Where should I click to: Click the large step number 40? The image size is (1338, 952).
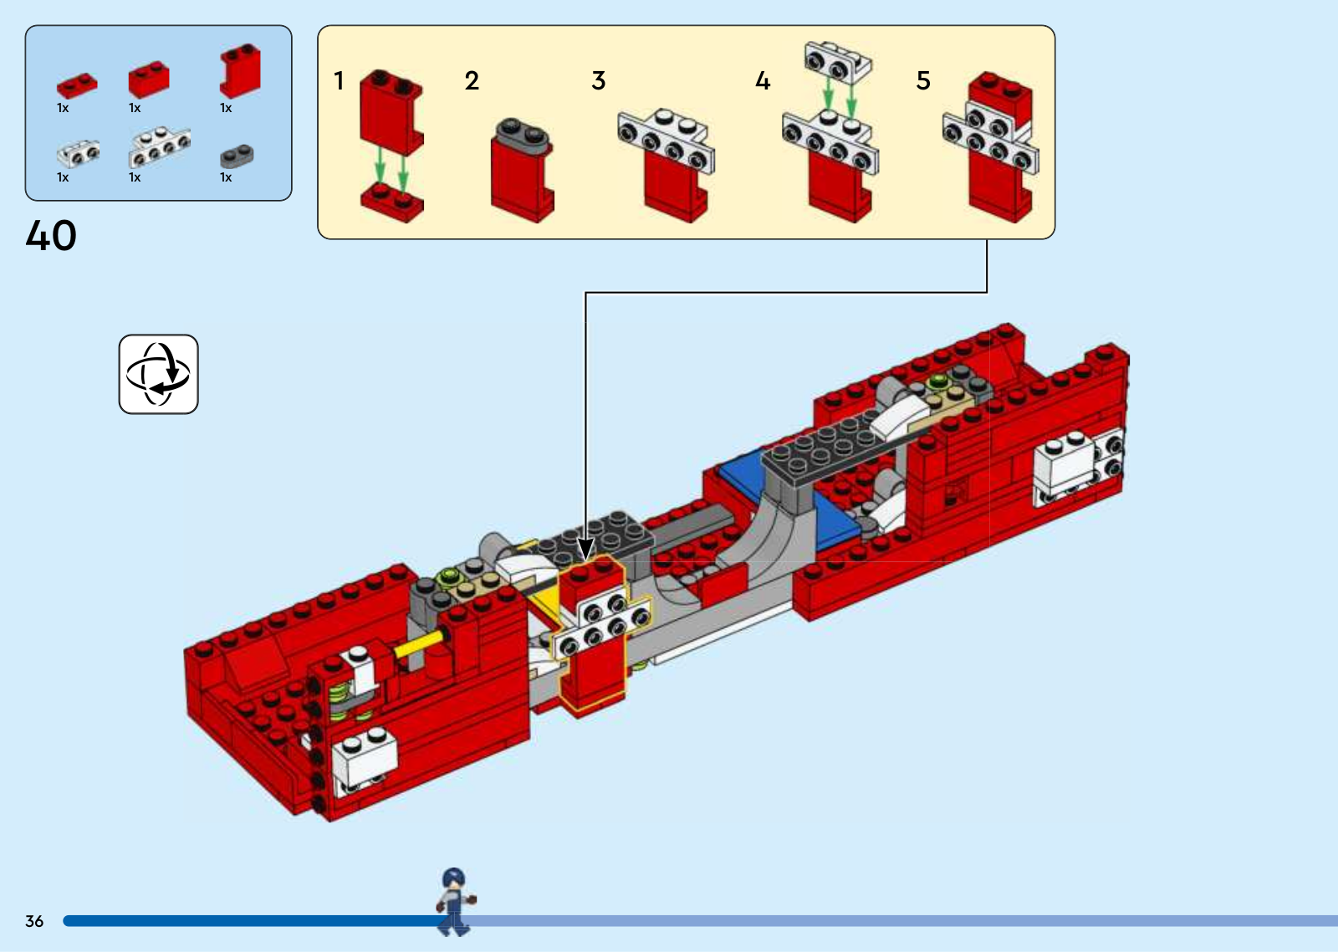[x=51, y=235]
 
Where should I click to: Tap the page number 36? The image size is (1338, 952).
[x=34, y=921]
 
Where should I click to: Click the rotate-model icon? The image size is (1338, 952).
[x=158, y=374]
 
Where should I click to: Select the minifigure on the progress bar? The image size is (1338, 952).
[x=454, y=902]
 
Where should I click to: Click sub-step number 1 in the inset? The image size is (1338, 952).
[x=339, y=81]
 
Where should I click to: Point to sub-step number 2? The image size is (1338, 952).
[x=472, y=81]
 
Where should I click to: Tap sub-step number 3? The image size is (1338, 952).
[x=598, y=81]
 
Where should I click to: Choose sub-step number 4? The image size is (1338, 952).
[x=763, y=81]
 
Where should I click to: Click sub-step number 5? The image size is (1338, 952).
[x=923, y=81]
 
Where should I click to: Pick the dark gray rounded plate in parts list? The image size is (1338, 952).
[x=237, y=156]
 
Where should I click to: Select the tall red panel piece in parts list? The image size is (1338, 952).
[x=240, y=71]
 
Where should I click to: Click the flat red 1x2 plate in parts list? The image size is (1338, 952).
[x=77, y=84]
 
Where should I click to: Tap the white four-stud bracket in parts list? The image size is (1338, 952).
[x=159, y=148]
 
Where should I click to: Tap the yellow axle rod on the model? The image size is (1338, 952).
[x=417, y=644]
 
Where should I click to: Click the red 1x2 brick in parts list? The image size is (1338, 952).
[x=149, y=79]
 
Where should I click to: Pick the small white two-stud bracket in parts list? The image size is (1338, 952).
[x=79, y=153]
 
